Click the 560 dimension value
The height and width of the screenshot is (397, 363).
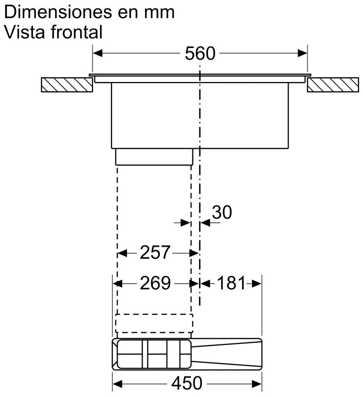click(x=200, y=54)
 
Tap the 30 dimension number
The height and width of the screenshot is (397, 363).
click(x=221, y=212)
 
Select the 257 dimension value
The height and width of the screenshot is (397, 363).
click(x=155, y=252)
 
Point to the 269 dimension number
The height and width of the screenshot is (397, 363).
click(x=155, y=283)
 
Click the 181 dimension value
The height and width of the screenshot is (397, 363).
click(x=231, y=283)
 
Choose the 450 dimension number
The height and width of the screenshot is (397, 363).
click(x=187, y=383)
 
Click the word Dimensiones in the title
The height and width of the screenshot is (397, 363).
click(x=58, y=12)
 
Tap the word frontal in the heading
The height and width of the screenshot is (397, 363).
click(x=76, y=32)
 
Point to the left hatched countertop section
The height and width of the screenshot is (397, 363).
click(x=67, y=85)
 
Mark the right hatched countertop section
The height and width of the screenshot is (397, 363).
click(x=333, y=85)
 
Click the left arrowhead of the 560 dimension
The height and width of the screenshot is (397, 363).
click(x=97, y=54)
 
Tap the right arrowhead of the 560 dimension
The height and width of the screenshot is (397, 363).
click(x=302, y=54)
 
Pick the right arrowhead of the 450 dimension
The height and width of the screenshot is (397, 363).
click(x=256, y=383)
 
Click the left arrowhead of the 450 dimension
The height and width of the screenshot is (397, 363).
click(x=117, y=383)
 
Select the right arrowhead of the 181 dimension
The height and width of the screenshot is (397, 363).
click(x=256, y=283)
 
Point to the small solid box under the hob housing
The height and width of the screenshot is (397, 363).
click(x=154, y=157)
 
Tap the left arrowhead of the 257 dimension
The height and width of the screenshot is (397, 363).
click(x=122, y=253)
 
